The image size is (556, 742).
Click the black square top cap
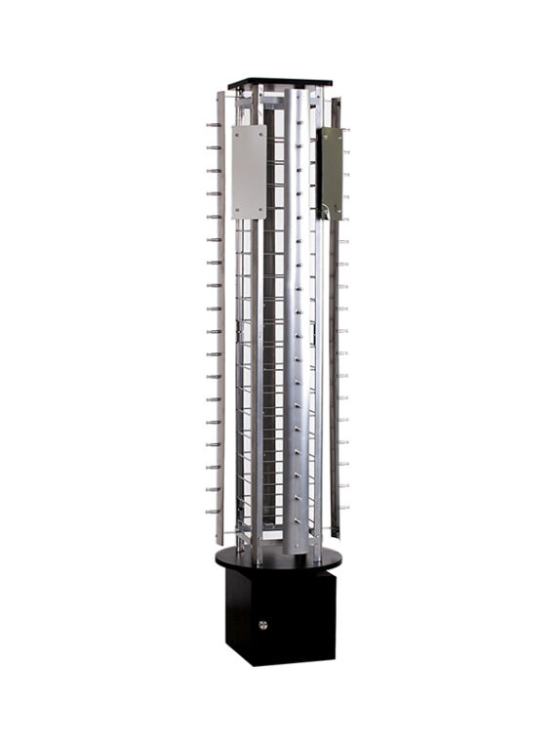pyautogui.click(x=279, y=82)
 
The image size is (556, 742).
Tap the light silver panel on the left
pyautogui.click(x=249, y=171)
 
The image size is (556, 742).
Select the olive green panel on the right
pyautogui.click(x=331, y=173)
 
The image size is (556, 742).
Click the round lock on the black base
pyautogui.click(x=262, y=624)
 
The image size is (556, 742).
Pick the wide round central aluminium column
pyautogui.click(x=296, y=322)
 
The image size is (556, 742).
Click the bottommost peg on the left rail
pyautogui.click(x=211, y=511)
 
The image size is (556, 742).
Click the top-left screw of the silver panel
pyautogui.click(x=237, y=131)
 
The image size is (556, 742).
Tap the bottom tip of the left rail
pyautogui.click(x=221, y=543)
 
